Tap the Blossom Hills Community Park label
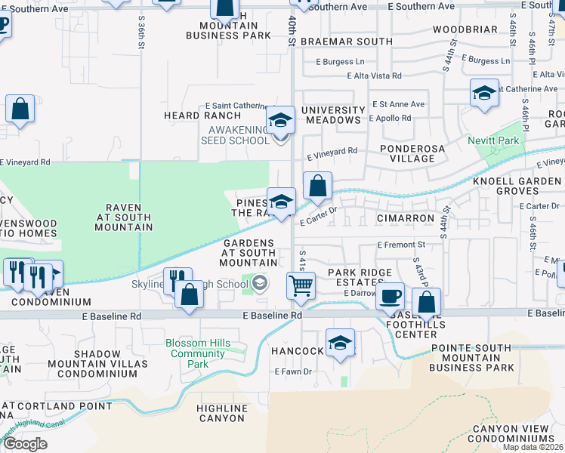198,353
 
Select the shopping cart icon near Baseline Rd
301,286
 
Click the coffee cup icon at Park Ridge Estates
390,295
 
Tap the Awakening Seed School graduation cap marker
279,120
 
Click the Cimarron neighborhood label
406,218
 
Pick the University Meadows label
332,115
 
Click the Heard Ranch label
203,116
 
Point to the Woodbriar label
465,30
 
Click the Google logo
25,443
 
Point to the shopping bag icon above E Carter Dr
317,185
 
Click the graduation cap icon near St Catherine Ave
483,94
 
